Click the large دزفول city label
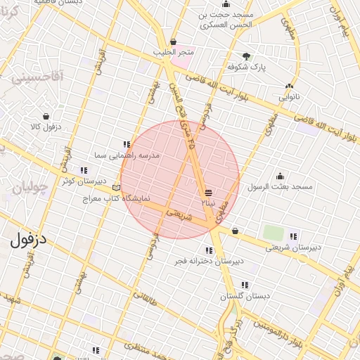click(x=29, y=239)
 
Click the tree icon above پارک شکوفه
click(x=245, y=56)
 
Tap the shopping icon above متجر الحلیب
click(x=174, y=41)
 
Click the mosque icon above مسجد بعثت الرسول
click(x=281, y=176)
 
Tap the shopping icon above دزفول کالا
click(x=46, y=116)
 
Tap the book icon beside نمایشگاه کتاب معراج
click(x=117, y=188)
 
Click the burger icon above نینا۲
click(x=208, y=192)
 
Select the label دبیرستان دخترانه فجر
click(x=209, y=261)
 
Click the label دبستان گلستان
click(x=245, y=296)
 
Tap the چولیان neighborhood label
click(x=29, y=188)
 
